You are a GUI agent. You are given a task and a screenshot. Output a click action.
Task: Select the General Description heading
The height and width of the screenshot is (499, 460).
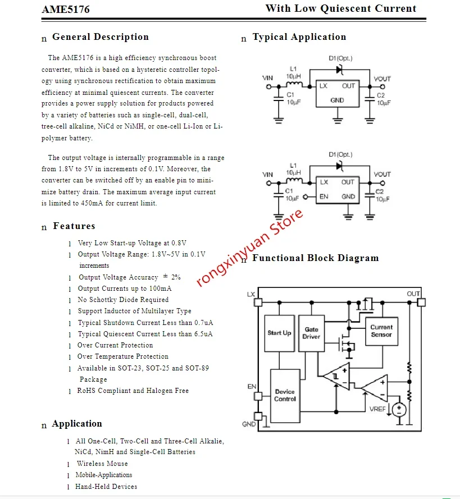(101, 37)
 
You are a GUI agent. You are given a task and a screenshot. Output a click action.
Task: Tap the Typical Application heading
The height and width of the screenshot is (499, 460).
(299, 37)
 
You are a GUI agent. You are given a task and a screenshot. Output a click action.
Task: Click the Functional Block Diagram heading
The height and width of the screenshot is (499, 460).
(316, 258)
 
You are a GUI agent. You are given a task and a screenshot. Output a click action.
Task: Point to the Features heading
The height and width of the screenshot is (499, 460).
(74, 226)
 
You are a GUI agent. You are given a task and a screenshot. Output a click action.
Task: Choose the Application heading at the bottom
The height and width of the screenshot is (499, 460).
(77, 424)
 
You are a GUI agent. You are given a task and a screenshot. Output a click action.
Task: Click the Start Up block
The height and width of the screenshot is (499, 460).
(279, 333)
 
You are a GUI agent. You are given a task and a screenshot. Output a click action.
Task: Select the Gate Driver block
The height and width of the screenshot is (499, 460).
(312, 333)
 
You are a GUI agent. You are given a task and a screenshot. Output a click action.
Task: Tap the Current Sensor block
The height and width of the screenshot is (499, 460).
(381, 331)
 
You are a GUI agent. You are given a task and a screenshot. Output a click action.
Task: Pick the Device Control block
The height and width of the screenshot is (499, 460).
(285, 395)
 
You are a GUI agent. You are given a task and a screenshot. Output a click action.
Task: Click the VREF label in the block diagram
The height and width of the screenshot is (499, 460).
(377, 409)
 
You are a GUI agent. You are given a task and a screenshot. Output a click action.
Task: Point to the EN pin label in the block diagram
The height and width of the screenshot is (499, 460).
(252, 387)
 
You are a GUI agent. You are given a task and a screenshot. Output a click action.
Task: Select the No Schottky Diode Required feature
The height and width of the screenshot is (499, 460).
(123, 300)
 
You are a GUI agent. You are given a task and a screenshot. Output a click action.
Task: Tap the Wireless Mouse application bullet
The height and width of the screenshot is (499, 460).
(102, 464)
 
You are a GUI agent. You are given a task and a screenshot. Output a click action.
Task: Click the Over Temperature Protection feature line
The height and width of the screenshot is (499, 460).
(122, 356)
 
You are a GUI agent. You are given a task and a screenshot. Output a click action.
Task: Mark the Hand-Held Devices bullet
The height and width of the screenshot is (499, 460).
(106, 487)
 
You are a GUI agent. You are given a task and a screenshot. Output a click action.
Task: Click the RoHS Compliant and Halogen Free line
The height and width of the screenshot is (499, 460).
(133, 391)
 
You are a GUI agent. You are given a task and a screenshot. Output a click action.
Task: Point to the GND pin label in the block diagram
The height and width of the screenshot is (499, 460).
(249, 424)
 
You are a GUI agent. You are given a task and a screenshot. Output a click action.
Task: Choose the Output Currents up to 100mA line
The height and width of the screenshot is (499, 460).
(125, 289)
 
